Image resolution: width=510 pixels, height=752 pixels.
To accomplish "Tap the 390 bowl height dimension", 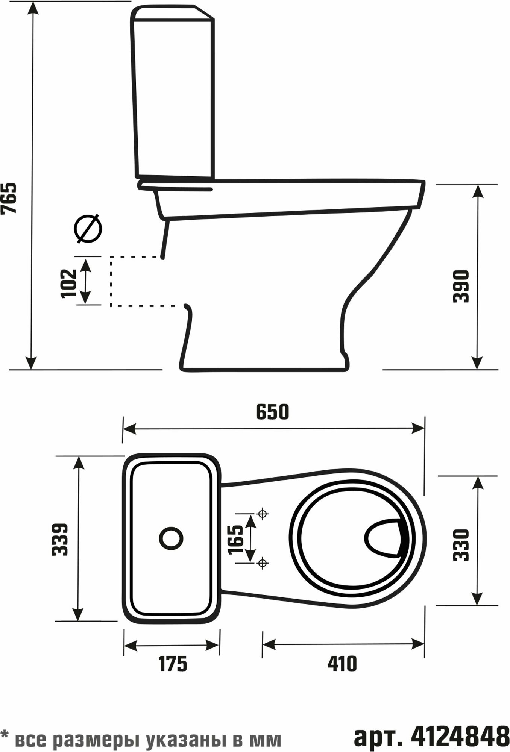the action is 461,286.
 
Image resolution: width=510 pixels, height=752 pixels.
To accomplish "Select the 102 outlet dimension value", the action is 69,283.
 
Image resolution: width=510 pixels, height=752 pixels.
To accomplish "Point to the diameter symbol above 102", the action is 88,229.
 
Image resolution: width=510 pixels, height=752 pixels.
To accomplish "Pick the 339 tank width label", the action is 60,539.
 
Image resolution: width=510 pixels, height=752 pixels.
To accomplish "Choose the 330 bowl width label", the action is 461,545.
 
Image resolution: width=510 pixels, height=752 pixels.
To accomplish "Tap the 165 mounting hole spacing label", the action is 236,540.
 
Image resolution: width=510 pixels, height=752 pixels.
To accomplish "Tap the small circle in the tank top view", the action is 171,538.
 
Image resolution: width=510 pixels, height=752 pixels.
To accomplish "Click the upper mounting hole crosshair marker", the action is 263,513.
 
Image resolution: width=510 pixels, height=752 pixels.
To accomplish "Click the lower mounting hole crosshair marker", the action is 263,563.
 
